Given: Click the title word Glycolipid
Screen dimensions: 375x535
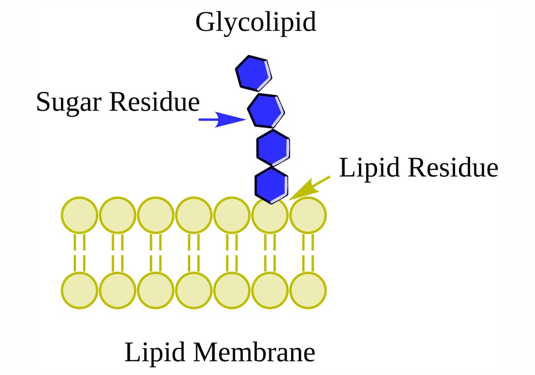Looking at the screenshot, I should click(256, 22).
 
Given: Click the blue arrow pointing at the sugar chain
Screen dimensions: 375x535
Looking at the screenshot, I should click(222, 119).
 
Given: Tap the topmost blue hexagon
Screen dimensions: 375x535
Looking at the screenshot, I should click(253, 73).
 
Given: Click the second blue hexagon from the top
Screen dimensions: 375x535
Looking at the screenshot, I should click(265, 110).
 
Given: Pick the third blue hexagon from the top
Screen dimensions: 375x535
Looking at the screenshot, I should click(273, 147).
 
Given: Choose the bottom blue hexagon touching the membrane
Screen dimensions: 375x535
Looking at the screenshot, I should click(271, 185).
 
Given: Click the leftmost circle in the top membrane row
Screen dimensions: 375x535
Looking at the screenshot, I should click(79, 215).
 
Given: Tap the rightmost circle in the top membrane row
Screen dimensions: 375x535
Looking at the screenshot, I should click(308, 215).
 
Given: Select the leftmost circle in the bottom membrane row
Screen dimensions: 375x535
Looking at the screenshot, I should click(79, 291).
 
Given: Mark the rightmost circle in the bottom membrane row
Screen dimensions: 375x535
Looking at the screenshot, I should click(308, 291).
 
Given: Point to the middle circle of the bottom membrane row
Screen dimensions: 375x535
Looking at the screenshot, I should click(194, 291).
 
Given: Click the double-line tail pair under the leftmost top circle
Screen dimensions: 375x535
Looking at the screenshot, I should click(79, 253).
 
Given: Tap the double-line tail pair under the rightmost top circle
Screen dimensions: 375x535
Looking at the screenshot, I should click(308, 253).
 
